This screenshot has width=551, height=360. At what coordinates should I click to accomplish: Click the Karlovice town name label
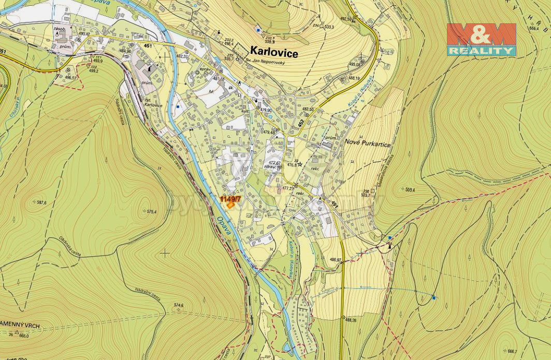pos(274,51)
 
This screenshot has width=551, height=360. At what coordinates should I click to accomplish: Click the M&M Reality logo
pos(481,39)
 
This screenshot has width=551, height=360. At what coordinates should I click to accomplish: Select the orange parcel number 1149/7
pos(230,198)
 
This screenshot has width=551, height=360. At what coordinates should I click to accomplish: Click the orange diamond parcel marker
pos(230,205)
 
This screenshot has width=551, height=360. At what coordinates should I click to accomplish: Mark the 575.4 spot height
pos(151,212)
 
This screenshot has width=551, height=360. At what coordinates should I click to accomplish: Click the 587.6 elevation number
pos(40,202)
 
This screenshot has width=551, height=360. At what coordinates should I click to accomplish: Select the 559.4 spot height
pos(411,190)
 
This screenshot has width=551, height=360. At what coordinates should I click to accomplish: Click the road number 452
pos(301,124)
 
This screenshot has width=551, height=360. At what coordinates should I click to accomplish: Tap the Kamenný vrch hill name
pos(20,327)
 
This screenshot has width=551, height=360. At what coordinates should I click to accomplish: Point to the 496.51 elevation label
pos(70,78)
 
